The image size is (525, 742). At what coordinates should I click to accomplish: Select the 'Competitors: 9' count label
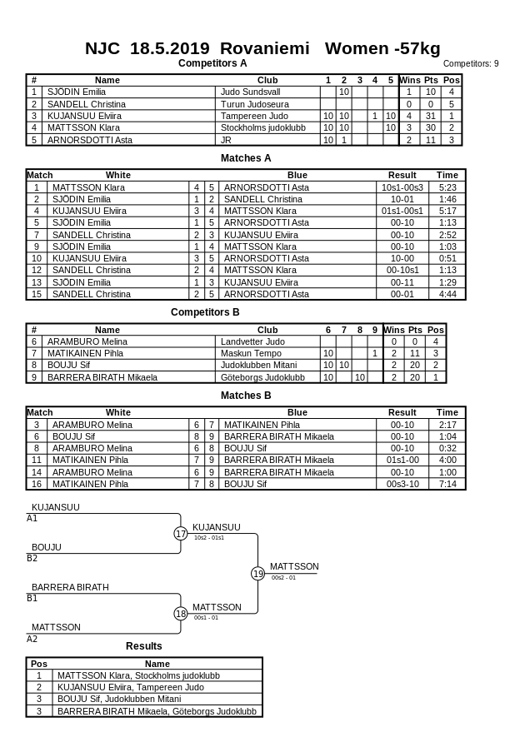point(471,63)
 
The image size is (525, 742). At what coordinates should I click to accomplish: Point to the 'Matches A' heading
point(246,158)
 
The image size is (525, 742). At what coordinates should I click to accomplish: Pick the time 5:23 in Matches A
point(447,187)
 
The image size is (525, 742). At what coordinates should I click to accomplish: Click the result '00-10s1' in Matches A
point(402,270)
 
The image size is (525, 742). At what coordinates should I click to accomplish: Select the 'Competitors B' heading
point(205,312)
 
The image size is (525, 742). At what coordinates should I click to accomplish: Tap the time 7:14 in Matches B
point(447,484)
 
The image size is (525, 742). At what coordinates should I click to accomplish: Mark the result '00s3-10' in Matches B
point(402,484)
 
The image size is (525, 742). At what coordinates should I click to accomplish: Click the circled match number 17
point(181,534)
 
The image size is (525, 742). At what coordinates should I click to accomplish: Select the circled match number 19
point(258,573)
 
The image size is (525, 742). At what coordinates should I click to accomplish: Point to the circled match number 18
point(181,614)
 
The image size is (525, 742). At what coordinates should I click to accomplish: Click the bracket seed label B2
point(32,559)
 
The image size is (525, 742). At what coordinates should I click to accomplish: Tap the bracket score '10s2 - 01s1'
point(209,538)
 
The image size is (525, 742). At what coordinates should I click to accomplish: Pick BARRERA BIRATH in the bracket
point(70,587)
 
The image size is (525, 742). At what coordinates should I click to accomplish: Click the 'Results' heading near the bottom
point(144,646)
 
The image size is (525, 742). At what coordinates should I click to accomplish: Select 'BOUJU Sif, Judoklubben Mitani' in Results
point(119,699)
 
